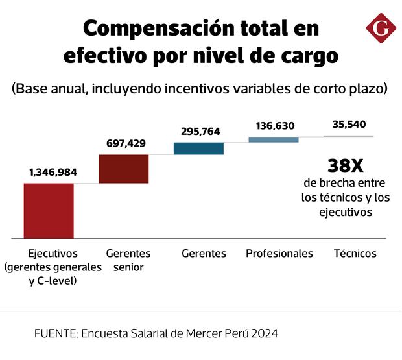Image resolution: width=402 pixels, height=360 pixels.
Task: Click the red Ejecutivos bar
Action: pos(48,211)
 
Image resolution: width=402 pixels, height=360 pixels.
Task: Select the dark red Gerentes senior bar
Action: pos(123,169)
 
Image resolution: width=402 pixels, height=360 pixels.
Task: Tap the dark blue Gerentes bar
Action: pos(198,149)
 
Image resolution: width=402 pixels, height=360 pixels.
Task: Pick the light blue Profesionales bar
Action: pos(274,139)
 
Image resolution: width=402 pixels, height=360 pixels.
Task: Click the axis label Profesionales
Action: pos(279,254)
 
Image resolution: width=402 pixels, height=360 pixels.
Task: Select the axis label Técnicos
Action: pos(355,254)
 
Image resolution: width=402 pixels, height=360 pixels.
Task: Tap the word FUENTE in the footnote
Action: pos(55,334)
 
